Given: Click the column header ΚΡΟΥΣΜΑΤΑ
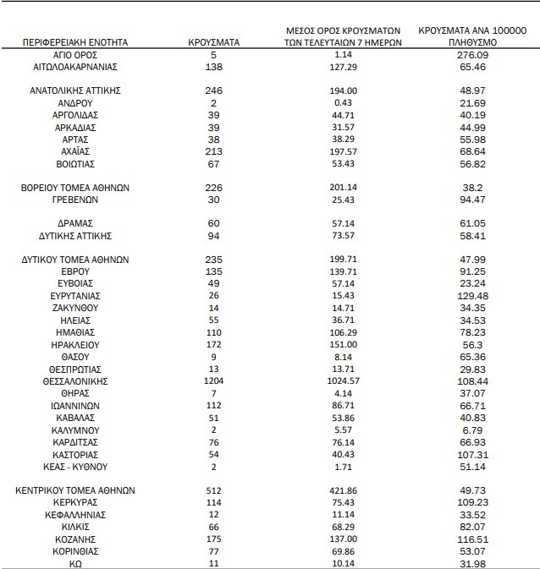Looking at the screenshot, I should [213, 41].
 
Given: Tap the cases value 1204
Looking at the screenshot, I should [213, 382].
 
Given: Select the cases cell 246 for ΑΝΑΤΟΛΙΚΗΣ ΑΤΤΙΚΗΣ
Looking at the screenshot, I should [213, 90].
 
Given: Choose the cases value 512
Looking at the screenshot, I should [213, 490].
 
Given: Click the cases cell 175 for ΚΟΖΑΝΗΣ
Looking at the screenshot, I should [213, 538].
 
